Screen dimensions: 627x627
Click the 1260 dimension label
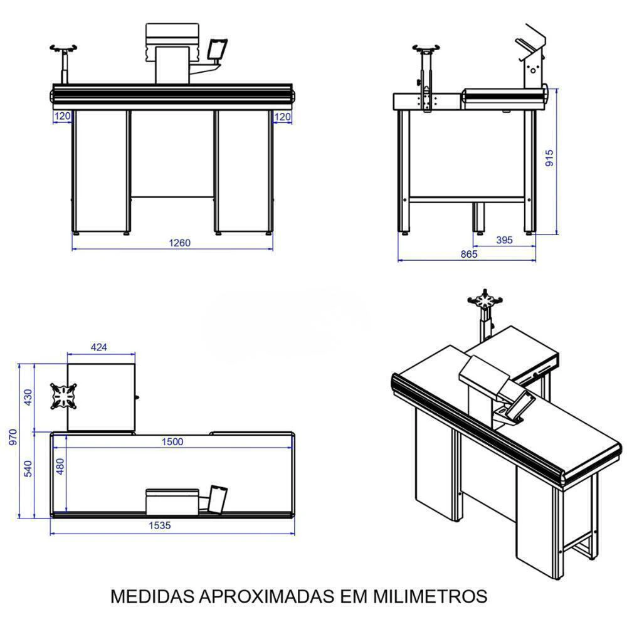pos(179,243)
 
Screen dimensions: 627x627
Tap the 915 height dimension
pos(549,158)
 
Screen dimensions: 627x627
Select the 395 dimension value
pos(504,240)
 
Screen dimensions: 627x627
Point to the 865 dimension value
pos(469,254)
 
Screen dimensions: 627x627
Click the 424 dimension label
pos(99,347)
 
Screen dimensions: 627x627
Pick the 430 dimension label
pos(28,398)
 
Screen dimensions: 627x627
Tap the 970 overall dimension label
pos(13,438)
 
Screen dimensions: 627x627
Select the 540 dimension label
pos(28,468)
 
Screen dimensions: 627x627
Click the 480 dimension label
pos(60,466)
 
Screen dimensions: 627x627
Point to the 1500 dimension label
pos(172,441)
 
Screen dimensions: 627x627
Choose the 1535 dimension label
pos(159,525)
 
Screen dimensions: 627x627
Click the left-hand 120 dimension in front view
pos(62,117)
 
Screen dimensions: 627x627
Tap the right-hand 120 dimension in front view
pos(282,117)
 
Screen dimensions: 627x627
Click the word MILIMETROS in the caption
pos(430,596)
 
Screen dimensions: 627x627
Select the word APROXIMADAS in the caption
pos(266,596)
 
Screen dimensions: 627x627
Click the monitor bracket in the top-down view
pos(63,396)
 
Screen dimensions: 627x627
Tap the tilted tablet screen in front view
pos(217,49)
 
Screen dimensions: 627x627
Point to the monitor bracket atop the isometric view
pos(485,299)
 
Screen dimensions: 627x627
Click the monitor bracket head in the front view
pos(63,48)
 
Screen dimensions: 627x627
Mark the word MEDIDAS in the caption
pos(152,596)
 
